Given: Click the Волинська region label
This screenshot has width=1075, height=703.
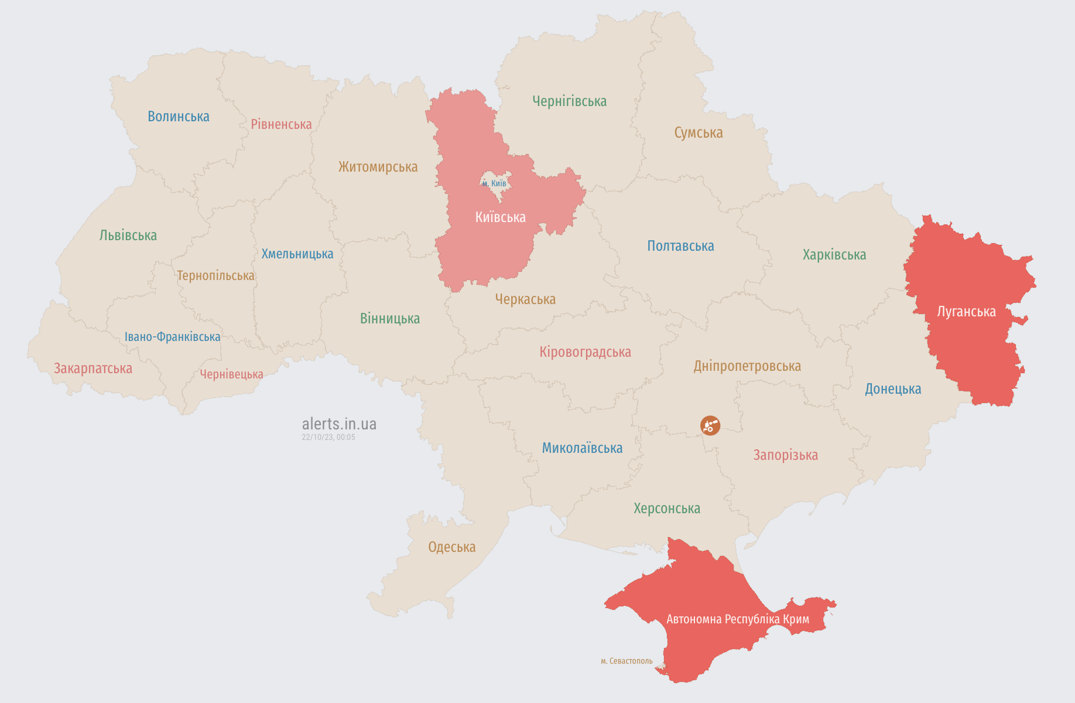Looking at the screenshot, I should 178,117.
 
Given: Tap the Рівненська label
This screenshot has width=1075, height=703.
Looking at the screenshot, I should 281,124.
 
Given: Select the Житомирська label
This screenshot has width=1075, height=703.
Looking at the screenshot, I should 378,167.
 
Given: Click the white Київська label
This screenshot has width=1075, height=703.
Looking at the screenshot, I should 500,217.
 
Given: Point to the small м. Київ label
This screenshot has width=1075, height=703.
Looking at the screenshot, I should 494,183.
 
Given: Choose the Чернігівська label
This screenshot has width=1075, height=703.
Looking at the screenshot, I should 569,101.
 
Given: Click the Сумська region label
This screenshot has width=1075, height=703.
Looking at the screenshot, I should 698,133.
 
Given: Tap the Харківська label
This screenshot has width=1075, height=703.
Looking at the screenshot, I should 834,255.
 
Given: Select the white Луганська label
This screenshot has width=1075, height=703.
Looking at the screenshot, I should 966,312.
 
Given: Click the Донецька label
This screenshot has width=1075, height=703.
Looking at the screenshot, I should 892,389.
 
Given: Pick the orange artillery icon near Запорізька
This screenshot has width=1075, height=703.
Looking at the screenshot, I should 710,425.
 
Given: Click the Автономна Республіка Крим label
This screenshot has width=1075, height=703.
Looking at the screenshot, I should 738,619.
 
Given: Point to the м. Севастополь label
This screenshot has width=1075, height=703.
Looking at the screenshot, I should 626,661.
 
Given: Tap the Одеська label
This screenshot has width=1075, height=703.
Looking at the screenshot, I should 451,547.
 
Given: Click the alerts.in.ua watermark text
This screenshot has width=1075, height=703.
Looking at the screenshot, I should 339,424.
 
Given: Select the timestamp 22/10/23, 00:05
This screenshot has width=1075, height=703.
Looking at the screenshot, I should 328,437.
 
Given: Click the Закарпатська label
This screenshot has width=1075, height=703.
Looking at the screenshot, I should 93,368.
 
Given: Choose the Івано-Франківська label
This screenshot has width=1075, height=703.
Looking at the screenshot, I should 172,337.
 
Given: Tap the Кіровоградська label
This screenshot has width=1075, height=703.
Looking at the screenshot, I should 585,352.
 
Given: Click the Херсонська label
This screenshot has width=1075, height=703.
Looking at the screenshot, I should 666,509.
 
